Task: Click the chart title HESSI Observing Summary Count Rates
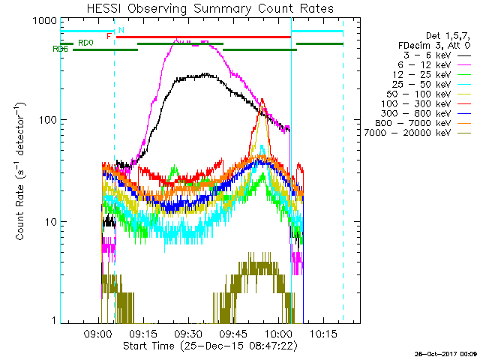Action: click(x=210, y=8)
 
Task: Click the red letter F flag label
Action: click(x=110, y=36)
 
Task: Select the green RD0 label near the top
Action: click(x=85, y=43)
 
